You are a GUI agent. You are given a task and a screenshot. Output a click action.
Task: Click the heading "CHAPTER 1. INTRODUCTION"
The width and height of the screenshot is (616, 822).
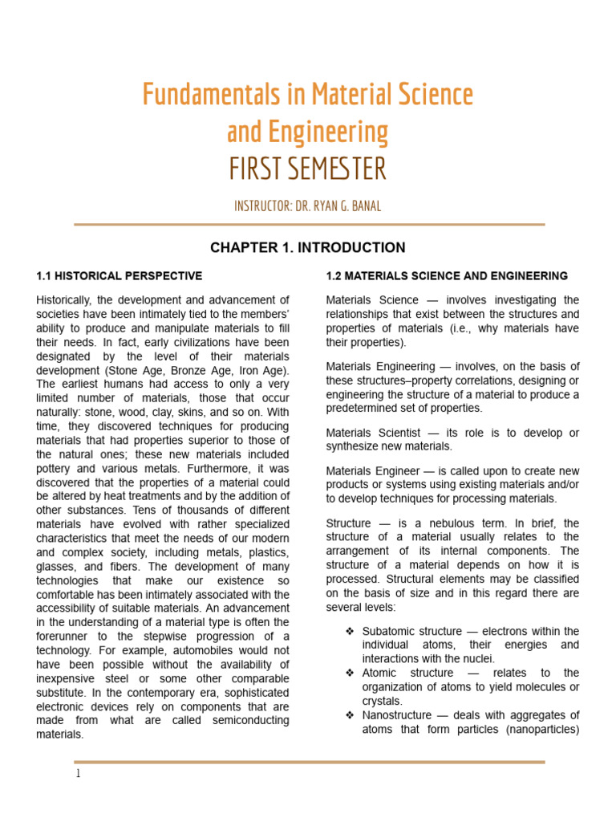tap(308, 247)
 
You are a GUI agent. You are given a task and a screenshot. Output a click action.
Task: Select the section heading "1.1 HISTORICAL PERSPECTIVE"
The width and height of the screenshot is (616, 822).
tap(120, 276)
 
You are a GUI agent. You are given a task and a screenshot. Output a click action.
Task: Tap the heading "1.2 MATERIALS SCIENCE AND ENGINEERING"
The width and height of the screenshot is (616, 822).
tap(447, 276)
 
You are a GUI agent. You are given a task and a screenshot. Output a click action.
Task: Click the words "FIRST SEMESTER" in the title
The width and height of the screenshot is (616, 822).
tap(308, 169)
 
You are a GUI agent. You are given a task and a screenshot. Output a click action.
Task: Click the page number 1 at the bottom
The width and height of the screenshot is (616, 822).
tap(78, 774)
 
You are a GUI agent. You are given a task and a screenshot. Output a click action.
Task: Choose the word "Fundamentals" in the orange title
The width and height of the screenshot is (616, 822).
tap(198, 95)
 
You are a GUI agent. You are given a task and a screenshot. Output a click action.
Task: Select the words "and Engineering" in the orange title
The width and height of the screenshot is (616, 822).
tap(308, 132)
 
